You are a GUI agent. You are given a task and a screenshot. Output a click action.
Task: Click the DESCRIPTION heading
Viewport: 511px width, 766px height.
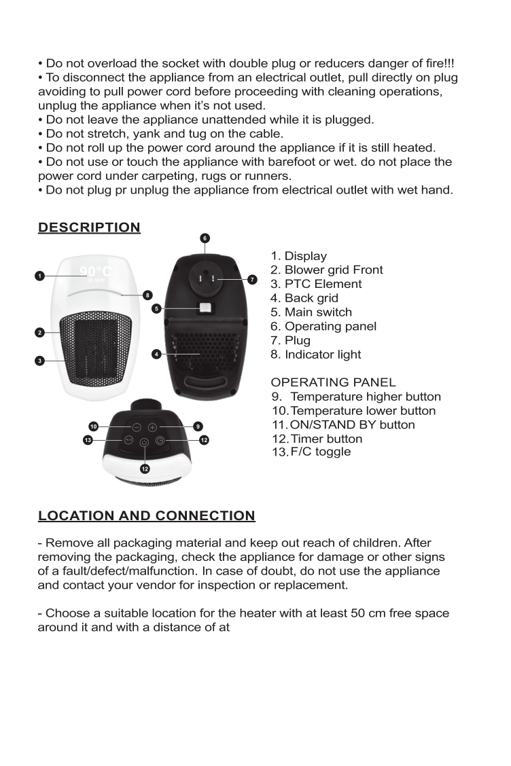coord(89,227)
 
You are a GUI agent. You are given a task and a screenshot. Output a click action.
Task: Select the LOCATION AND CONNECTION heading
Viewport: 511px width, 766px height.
coord(146,515)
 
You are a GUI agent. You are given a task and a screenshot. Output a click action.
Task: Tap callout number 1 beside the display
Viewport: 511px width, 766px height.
coord(40,276)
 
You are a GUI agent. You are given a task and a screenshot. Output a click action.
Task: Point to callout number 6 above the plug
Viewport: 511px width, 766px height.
coord(205,238)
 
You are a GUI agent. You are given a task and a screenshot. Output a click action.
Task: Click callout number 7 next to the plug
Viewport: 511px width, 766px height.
coord(252,279)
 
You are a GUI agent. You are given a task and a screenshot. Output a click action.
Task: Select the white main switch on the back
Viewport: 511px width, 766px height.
coord(205,309)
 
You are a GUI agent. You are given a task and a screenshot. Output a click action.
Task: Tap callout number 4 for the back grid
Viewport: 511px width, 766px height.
coord(156,354)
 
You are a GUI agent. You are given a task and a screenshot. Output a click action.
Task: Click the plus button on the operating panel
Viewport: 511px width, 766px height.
coord(152,427)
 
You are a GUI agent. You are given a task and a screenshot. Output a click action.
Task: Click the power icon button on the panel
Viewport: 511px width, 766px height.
coord(144,443)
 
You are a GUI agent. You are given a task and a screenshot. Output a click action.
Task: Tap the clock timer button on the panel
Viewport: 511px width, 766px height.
coord(160,440)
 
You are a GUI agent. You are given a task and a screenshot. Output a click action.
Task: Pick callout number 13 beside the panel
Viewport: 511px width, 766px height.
coord(88,440)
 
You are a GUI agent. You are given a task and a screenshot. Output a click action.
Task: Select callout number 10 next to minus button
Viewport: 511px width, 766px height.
coord(94,426)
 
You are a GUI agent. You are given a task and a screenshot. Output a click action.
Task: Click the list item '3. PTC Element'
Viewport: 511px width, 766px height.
coord(316,284)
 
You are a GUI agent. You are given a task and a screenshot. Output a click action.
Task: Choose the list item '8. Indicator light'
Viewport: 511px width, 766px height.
coord(316,354)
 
